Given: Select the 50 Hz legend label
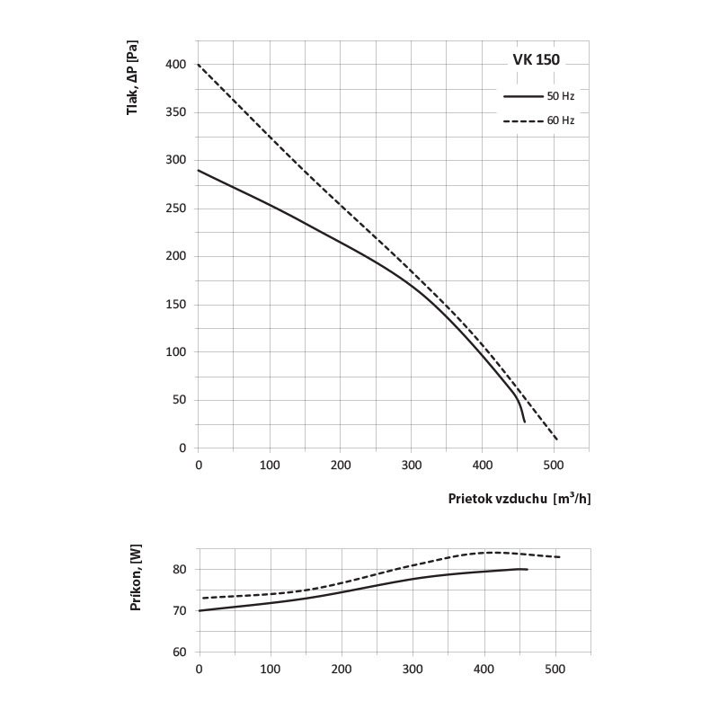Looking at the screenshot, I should pyautogui.click(x=560, y=95).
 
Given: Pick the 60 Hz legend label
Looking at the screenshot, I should pyautogui.click(x=560, y=120).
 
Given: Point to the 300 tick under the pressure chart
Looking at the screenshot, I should pyautogui.click(x=411, y=465).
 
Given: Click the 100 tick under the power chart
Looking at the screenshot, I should pyautogui.click(x=269, y=669).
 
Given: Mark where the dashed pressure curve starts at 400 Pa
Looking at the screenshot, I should pyautogui.click(x=199, y=65).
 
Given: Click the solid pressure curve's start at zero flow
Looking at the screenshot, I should pyautogui.click(x=199, y=170).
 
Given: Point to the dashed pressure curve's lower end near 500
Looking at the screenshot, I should pyautogui.click(x=557, y=439).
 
